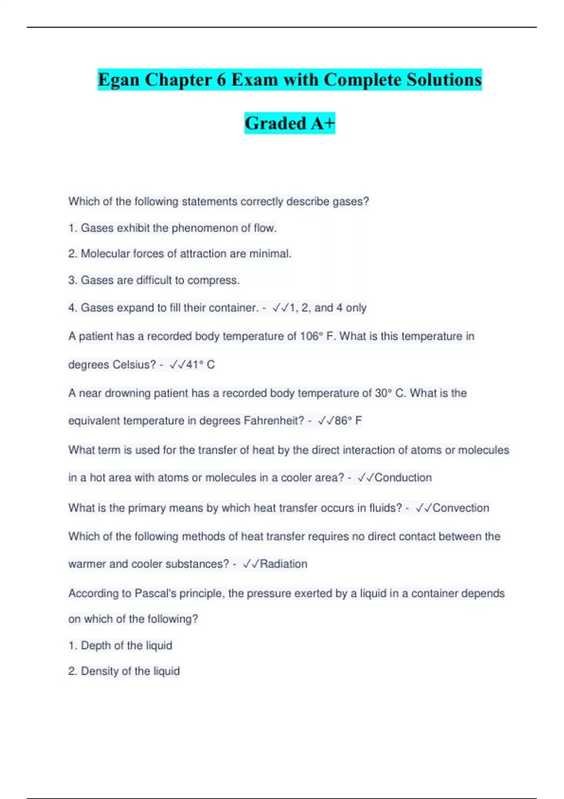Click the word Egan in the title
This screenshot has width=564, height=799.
click(x=118, y=80)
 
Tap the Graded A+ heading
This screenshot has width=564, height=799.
click(x=290, y=123)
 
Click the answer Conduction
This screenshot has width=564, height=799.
click(x=403, y=478)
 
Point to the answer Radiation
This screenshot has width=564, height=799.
click(x=283, y=564)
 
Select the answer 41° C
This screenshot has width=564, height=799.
click(x=200, y=364)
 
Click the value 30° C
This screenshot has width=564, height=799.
click(x=390, y=393)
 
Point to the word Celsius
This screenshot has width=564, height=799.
click(x=133, y=364)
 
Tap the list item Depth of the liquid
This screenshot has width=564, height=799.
click(x=126, y=645)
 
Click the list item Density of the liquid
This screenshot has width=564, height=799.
click(x=130, y=671)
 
